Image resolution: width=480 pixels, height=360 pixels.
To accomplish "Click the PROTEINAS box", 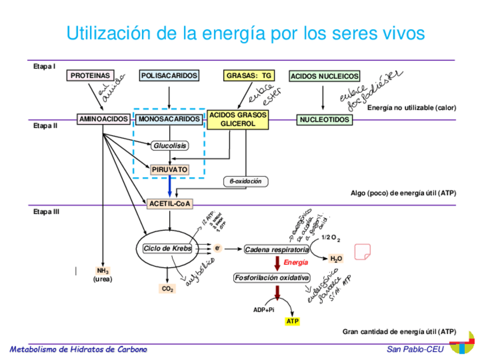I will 90,75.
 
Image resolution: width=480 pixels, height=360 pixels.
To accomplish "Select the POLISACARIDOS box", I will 169,75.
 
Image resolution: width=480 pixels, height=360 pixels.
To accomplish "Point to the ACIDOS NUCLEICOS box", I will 324,76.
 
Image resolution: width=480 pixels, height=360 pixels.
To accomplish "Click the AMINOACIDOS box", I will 104,119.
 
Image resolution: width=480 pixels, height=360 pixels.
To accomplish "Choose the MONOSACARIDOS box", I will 169,119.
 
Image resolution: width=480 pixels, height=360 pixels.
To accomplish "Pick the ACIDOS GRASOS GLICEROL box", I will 238,119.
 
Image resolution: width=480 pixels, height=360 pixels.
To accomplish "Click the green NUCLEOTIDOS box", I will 324,120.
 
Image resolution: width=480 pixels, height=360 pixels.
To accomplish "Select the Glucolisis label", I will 170,145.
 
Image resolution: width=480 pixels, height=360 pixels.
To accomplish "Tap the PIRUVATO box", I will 169,169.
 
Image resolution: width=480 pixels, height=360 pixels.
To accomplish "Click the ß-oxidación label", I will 246,182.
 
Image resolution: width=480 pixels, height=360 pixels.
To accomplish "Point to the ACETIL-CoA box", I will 169,204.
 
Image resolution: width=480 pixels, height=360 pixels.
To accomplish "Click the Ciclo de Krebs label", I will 167,248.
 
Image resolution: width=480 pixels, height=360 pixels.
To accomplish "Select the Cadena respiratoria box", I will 276,250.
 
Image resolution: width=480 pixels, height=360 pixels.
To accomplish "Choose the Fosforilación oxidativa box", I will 272,278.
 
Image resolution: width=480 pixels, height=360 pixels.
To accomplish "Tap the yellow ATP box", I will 292,322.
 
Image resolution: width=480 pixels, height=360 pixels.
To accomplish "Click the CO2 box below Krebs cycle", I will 168,289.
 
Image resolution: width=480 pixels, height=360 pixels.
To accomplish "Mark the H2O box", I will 336,259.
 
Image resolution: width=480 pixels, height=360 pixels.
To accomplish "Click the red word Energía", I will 296,263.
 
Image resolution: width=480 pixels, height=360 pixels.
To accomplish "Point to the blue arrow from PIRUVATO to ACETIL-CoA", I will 169,186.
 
